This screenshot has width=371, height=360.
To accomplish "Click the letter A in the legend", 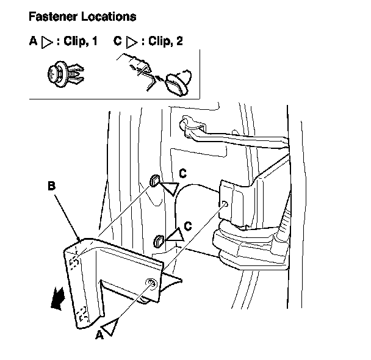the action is point(33,42).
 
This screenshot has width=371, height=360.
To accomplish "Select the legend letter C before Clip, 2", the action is point(117,42).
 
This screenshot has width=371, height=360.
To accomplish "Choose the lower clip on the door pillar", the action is point(160,240).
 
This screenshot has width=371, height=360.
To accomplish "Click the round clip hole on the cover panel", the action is point(150,281).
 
